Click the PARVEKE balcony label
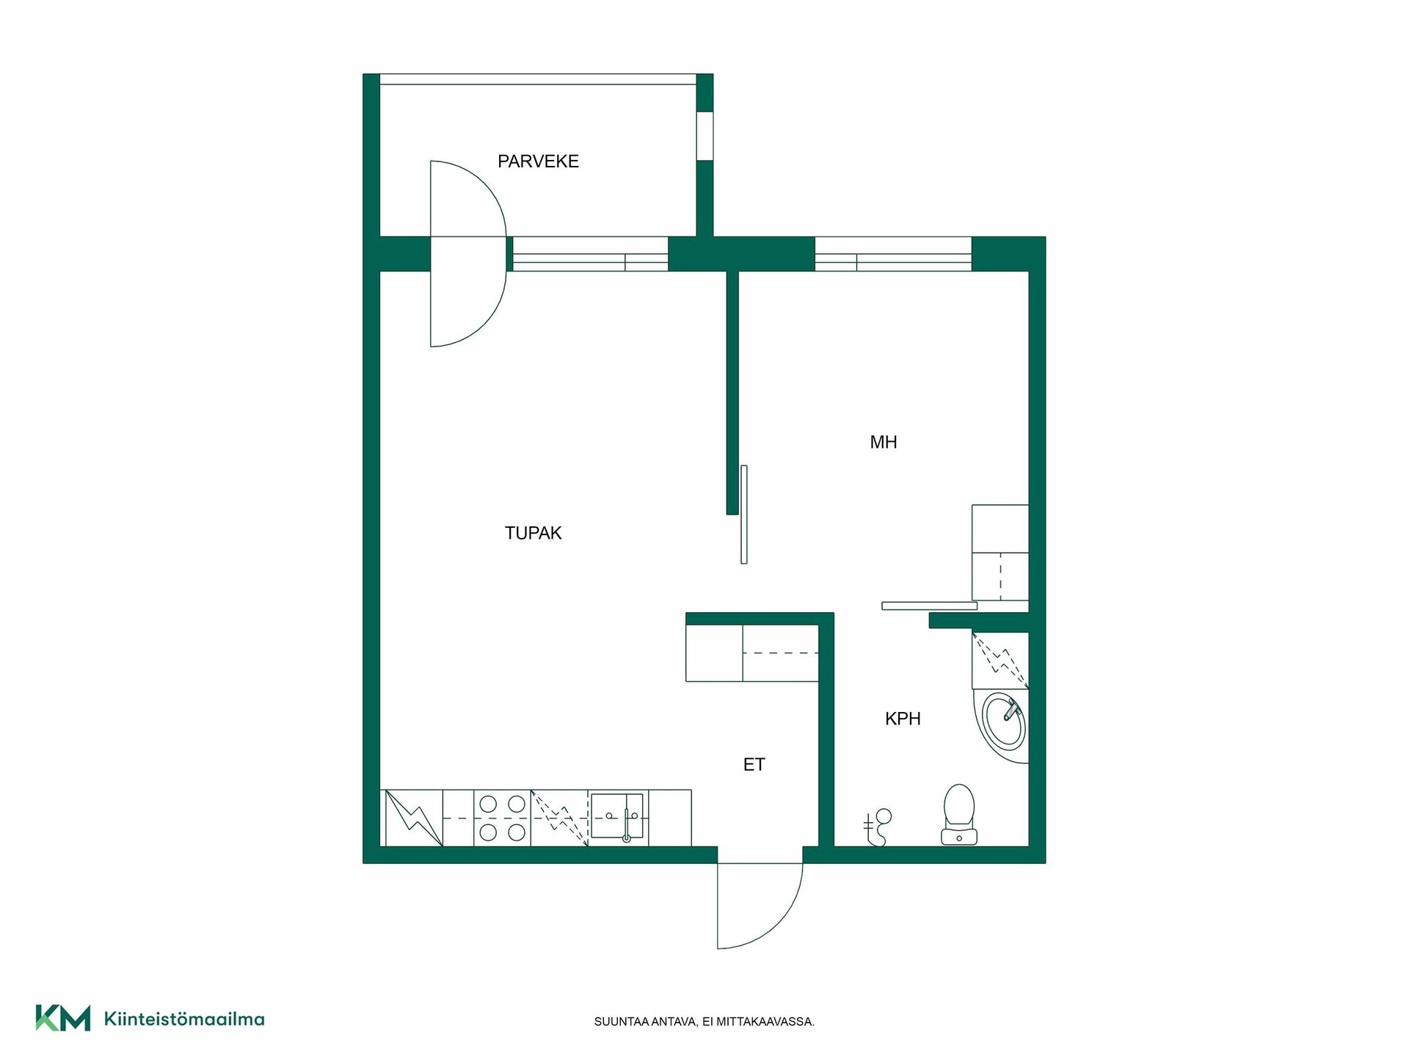tap(538, 161)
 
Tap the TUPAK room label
tap(533, 533)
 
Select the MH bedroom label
tap(884, 442)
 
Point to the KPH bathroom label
tap(903, 719)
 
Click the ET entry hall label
tap(754, 765)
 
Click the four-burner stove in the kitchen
tap(502, 818)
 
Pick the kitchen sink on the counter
tap(617, 816)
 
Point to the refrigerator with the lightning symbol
tap(414, 818)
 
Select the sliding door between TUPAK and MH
tap(744, 515)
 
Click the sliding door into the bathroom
tap(929, 606)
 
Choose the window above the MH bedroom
tap(893, 254)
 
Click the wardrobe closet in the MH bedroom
tap(1000, 553)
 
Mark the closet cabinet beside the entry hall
tap(752, 653)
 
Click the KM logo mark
tap(63, 1018)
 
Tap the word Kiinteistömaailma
tap(184, 1019)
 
